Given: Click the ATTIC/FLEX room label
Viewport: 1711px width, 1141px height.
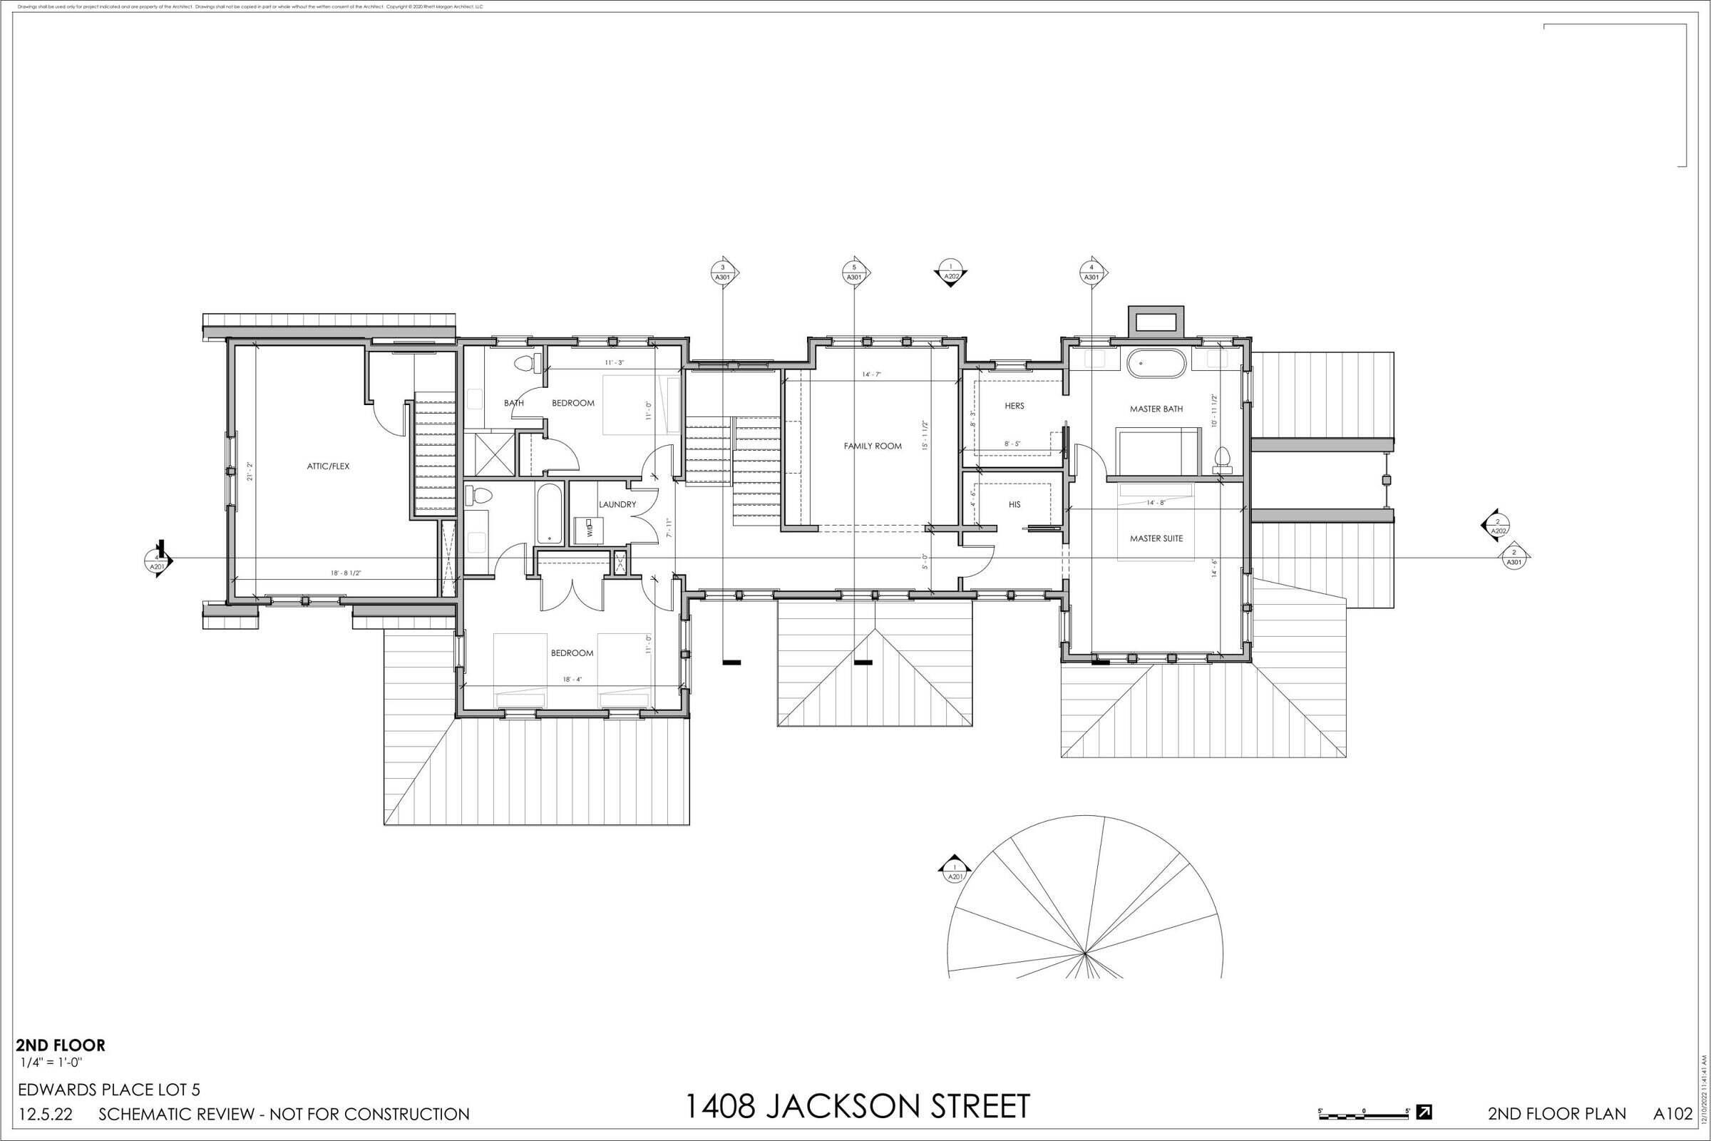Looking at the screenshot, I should [327, 466].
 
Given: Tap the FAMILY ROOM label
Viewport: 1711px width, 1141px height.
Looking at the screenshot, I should [872, 446].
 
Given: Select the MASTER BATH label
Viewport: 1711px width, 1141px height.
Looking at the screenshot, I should [1156, 409].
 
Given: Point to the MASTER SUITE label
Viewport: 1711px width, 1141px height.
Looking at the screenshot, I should [1156, 538].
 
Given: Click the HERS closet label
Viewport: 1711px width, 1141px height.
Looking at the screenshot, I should [1014, 406].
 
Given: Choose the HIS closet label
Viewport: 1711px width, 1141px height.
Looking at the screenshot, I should [1014, 504].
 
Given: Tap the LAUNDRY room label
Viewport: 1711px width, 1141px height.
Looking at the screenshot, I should [617, 504].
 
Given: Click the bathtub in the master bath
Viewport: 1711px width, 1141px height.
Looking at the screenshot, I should [1156, 362].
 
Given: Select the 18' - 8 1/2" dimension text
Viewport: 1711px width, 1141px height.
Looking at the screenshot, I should [346, 573].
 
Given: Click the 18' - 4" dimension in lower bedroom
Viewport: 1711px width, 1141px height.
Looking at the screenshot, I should [572, 680].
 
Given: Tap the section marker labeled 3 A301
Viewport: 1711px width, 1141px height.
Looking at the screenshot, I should [723, 273].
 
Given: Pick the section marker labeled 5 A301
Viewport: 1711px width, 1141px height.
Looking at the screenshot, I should [854, 273].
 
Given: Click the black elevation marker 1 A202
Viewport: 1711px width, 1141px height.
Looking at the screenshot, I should [950, 274].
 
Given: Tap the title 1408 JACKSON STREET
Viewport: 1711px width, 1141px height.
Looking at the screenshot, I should [858, 1106].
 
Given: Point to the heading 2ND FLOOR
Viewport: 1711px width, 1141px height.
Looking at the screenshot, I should [61, 1045].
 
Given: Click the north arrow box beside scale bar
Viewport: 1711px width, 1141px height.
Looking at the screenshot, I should [1424, 1112].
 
